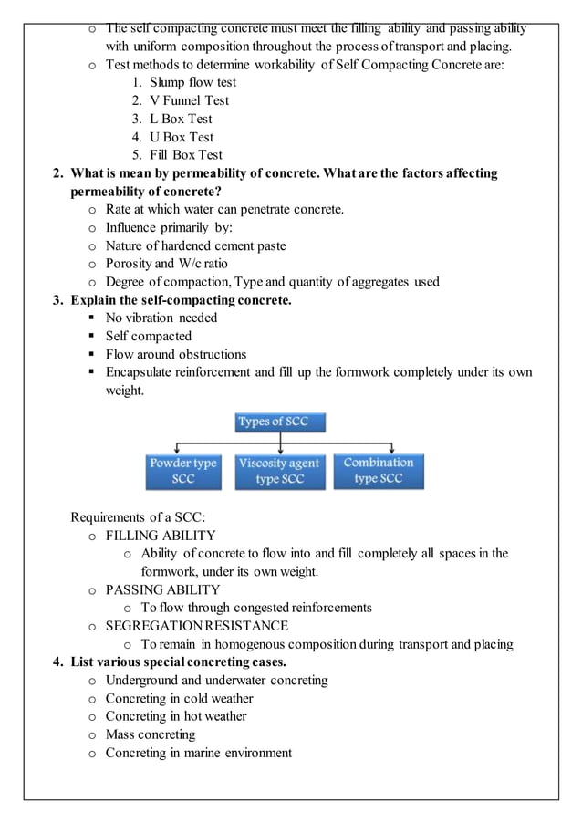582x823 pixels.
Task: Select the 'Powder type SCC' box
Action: coord(182,471)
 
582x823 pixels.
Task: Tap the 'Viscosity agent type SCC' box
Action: coord(279,471)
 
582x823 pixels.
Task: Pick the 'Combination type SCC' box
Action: coord(378,471)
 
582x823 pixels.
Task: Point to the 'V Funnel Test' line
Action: coord(189,100)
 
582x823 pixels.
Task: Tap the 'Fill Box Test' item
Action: coord(186,155)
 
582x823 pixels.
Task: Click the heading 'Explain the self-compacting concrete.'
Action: coord(181,300)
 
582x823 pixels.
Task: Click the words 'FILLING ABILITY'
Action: coord(161,536)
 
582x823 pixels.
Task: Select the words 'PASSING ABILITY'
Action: coord(162,589)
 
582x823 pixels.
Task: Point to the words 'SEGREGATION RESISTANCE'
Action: coord(196,626)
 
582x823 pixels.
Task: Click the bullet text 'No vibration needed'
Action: coord(161,318)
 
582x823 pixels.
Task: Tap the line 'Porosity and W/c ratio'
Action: coord(166,264)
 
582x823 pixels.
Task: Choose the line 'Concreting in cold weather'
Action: coord(179,698)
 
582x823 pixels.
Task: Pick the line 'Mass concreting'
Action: coord(151,734)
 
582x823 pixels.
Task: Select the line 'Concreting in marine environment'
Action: coord(198,753)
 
